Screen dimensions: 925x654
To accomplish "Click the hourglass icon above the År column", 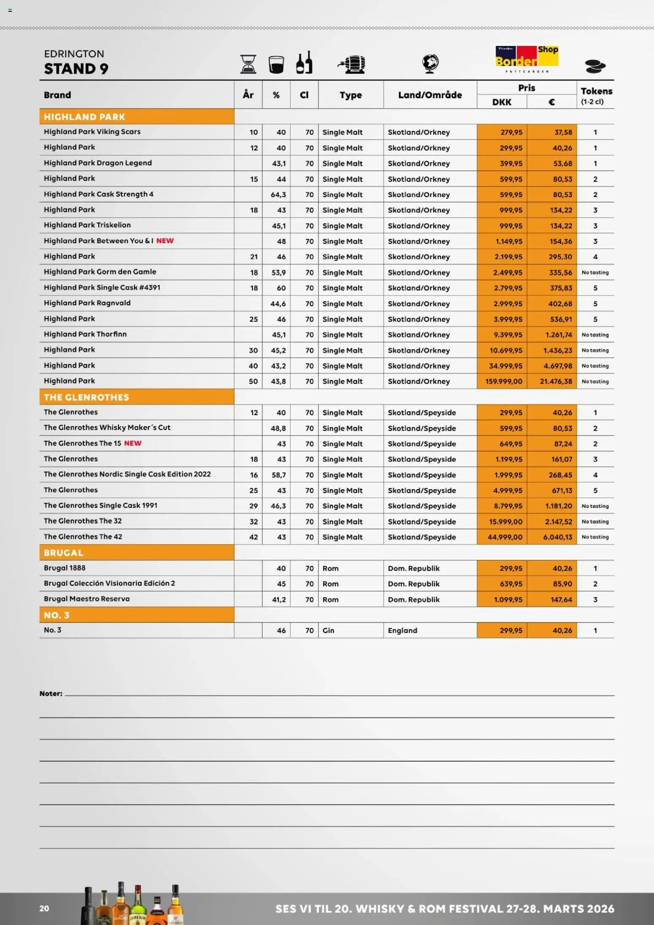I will [x=248, y=64].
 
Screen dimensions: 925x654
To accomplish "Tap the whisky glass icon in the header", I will [x=276, y=65].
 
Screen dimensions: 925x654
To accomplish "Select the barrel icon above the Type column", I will [x=351, y=65].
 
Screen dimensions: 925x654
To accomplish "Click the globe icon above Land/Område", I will [x=430, y=64].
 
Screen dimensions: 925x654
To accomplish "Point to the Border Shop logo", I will [x=527, y=58].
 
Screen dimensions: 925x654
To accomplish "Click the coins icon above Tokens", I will [x=595, y=66].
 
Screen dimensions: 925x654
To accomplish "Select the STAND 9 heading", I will [x=76, y=68].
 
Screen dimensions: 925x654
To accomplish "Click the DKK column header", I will [x=501, y=102].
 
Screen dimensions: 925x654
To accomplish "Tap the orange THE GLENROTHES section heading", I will [x=86, y=397].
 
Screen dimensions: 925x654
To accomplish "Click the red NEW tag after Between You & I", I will [x=165, y=241].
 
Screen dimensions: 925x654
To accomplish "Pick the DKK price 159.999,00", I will [x=503, y=381].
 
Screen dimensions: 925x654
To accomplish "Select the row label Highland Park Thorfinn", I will [x=85, y=334].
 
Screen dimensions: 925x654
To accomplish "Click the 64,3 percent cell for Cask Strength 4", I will [x=278, y=194].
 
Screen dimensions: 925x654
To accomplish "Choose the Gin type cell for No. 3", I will [x=328, y=630].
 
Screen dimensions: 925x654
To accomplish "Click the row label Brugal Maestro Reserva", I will [x=87, y=599].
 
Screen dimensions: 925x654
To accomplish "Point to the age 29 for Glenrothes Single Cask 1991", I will [x=253, y=506].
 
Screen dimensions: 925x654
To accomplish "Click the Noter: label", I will [x=51, y=693].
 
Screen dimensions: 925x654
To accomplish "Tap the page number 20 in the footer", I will [x=44, y=909].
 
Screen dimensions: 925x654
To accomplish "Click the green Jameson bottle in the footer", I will [x=138, y=907].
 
